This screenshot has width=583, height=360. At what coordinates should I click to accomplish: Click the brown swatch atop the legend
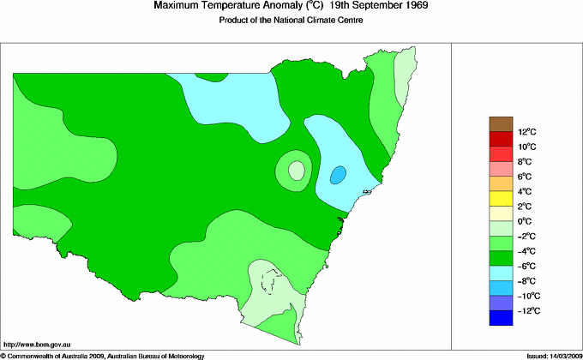[500, 123]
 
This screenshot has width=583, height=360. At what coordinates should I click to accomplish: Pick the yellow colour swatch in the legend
[500, 199]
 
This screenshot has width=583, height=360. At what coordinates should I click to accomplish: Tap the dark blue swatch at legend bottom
[500, 318]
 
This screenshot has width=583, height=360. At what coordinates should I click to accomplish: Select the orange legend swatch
[500, 183]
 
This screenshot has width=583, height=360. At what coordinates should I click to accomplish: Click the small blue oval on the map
[339, 175]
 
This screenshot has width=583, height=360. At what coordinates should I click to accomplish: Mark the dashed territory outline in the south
[273, 280]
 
